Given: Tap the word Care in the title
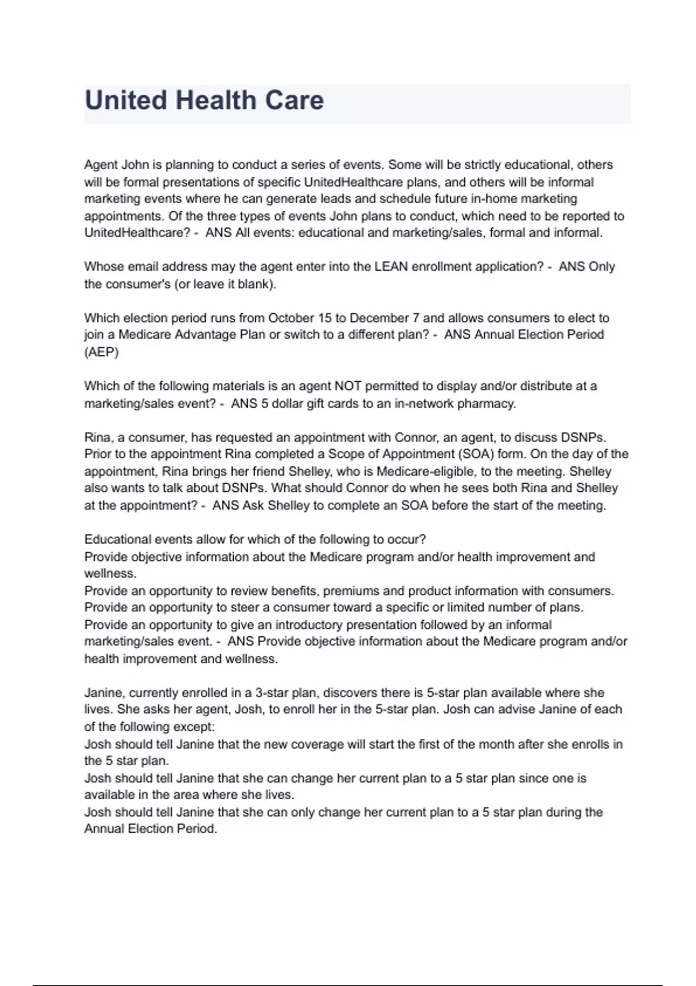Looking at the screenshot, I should click(294, 100).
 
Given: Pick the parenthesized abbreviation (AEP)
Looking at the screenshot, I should click(101, 352).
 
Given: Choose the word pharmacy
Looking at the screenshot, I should click(487, 403).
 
